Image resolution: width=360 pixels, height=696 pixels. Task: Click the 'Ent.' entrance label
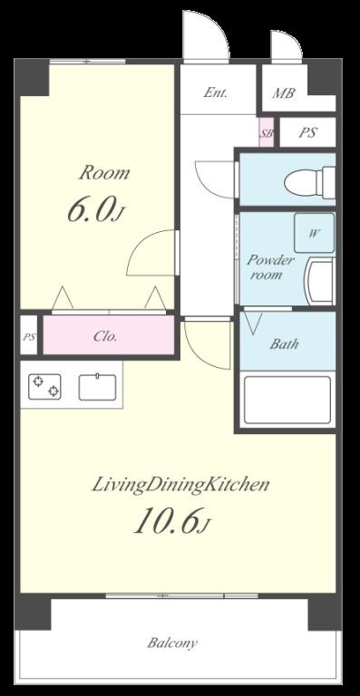pyautogui.click(x=216, y=92)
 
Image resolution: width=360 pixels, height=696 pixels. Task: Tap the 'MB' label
pyautogui.click(x=283, y=93)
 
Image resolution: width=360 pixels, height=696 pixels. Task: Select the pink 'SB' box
pyautogui.click(x=267, y=131)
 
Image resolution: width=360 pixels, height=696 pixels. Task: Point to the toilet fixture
pyautogui.click(x=309, y=181)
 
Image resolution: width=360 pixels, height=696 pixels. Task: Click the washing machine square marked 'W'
pyautogui.click(x=314, y=233)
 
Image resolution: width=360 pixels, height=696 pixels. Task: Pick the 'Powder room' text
pyautogui.click(x=266, y=267)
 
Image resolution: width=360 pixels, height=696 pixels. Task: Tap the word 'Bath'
pyautogui.click(x=284, y=344)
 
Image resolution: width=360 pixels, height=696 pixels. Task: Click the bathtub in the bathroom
pyautogui.click(x=287, y=400)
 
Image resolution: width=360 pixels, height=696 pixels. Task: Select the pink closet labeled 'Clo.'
pyautogui.click(x=108, y=335)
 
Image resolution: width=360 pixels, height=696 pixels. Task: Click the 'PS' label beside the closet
pyautogui.click(x=29, y=336)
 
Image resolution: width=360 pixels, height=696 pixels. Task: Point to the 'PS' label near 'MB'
pyautogui.click(x=307, y=132)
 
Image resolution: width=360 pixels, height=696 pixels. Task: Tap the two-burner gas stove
pyautogui.click(x=44, y=386)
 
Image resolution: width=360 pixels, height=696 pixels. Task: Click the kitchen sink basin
pyautogui.click(x=97, y=387)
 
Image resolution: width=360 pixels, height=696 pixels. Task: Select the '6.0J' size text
pyautogui.click(x=94, y=209)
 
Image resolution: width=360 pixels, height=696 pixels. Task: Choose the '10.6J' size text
pyautogui.click(x=170, y=520)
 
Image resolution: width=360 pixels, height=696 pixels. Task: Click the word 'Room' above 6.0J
pyautogui.click(x=105, y=173)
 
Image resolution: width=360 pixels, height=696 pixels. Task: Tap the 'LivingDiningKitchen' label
pyautogui.click(x=180, y=485)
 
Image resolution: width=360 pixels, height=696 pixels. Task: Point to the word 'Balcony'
pyautogui.click(x=172, y=643)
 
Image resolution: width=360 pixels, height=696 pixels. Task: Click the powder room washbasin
pyautogui.click(x=319, y=281)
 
